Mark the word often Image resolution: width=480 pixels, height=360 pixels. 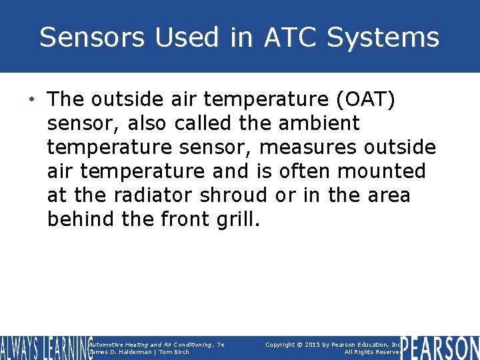coord(303,171)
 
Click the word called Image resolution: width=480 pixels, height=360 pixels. coord(207,123)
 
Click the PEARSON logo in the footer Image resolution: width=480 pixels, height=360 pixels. coord(440,348)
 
